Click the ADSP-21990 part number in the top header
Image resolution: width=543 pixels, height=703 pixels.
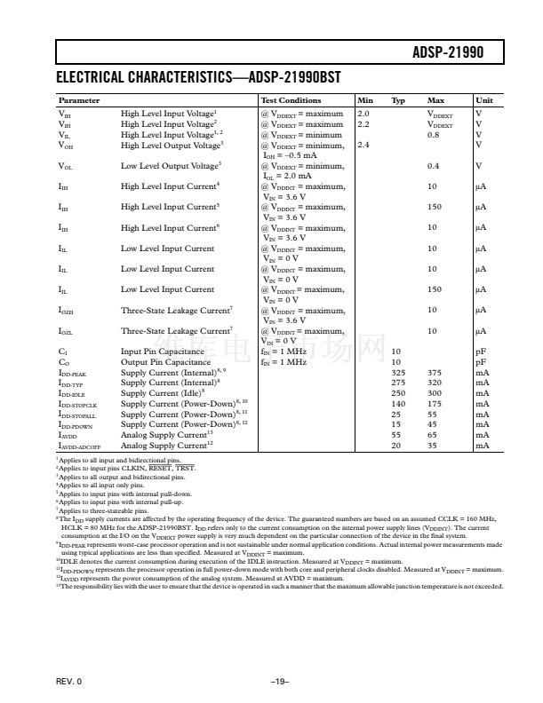point(448,53)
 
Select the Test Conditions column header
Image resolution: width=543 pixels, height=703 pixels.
point(291,100)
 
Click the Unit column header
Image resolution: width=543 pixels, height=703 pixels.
point(484,100)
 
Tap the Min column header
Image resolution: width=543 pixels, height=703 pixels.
point(364,100)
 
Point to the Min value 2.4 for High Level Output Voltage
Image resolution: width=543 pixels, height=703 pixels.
point(363,145)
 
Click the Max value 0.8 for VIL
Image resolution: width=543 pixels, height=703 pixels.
point(433,134)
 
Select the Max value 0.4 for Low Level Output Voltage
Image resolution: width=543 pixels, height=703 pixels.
point(433,165)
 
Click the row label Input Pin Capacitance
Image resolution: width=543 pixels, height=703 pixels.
point(163,351)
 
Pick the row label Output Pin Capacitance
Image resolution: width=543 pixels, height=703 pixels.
point(165,362)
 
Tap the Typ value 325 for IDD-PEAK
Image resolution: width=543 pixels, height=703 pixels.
point(398,373)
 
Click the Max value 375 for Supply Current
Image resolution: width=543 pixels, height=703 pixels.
point(435,373)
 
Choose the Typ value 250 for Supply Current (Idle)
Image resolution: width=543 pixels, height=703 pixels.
point(398,393)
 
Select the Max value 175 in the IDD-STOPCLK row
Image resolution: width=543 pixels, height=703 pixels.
point(435,404)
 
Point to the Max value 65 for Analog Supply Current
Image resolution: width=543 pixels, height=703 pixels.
point(433,435)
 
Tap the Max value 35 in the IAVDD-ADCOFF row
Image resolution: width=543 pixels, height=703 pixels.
point(433,446)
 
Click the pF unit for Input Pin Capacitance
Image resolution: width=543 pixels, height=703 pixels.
point(481,351)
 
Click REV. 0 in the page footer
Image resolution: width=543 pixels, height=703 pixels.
point(68,681)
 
